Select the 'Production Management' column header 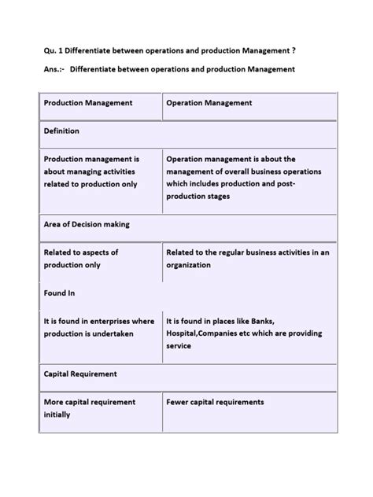(x=88, y=103)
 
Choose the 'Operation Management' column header (x=209, y=103)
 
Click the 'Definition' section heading (x=61, y=131)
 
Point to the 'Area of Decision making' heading (x=87, y=224)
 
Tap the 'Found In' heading (x=60, y=293)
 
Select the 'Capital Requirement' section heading (x=80, y=374)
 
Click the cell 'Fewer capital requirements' (x=215, y=402)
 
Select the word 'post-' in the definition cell (x=309, y=184)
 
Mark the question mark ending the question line (x=294, y=51)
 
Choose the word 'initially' (x=57, y=414)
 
